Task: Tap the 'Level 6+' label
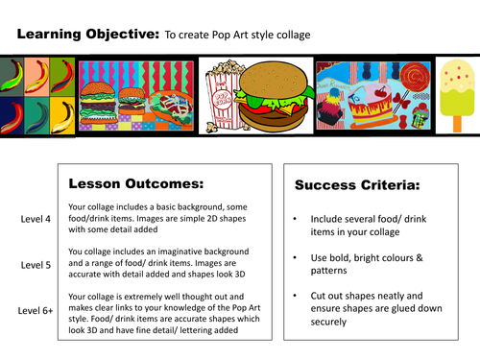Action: (x=39, y=309)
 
